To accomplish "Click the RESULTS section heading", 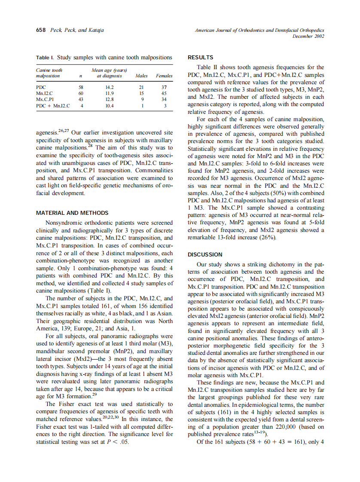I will (201, 58).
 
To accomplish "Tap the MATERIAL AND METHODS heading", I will (72, 213).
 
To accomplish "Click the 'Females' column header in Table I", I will (164, 76).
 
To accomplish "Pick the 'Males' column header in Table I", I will (141, 76).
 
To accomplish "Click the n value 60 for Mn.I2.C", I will (81, 93).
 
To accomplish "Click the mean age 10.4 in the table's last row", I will (109, 106).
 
